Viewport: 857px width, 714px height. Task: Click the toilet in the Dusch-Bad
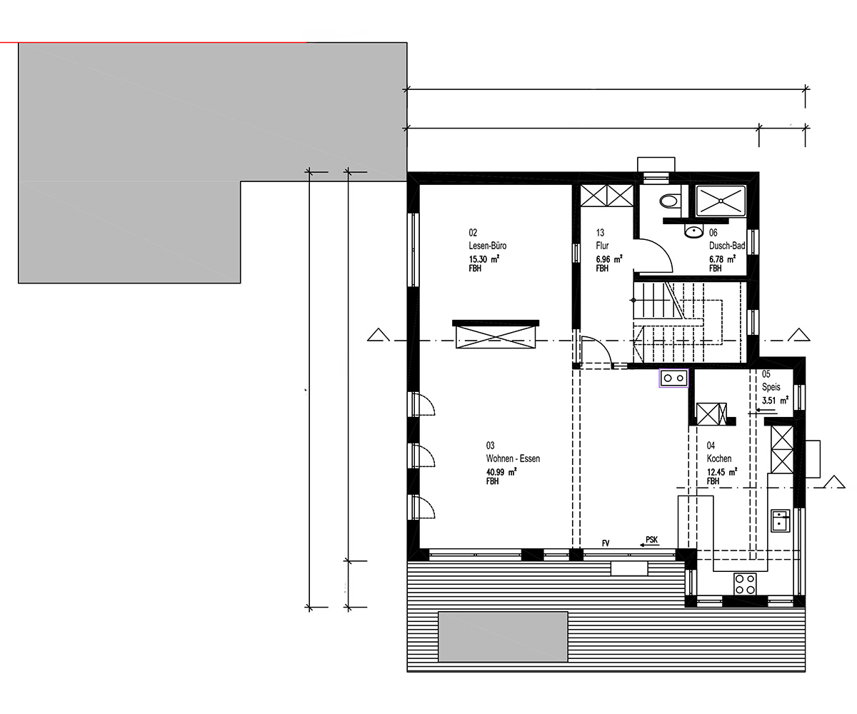(x=669, y=201)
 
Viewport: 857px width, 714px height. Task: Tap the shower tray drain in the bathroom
(x=721, y=201)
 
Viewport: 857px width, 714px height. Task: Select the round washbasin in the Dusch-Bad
(x=693, y=231)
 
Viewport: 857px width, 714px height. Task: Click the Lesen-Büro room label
(x=488, y=246)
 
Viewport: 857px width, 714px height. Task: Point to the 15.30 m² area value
(x=484, y=259)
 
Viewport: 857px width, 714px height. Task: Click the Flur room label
(x=602, y=246)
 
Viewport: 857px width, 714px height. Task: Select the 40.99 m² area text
(x=501, y=472)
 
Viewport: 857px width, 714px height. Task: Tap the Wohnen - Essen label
(x=513, y=458)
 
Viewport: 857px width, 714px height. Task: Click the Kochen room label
(x=719, y=458)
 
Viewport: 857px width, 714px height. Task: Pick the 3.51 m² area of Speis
(x=776, y=400)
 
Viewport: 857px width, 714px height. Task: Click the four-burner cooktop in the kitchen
(x=745, y=584)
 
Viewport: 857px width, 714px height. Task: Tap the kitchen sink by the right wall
(x=781, y=521)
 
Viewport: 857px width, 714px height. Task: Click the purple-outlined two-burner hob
(x=674, y=378)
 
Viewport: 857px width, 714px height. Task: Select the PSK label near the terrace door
(x=652, y=540)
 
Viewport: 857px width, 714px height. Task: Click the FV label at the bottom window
(x=606, y=543)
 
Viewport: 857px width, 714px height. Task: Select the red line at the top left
(x=153, y=42)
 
